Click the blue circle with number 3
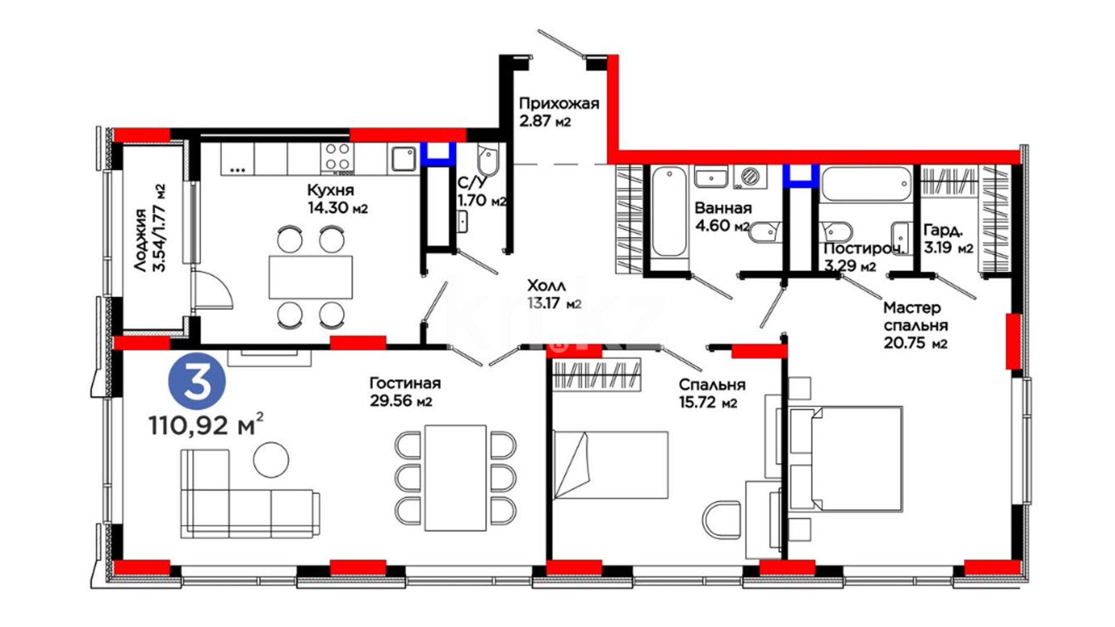197,381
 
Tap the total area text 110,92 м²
206,424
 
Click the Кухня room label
330,190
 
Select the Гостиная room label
405,383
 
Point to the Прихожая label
559,104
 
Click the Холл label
546,285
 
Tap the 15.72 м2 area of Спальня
708,402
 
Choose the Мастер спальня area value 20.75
904,343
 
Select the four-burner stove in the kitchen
337,157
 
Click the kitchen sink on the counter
402,158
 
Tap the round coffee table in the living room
271,459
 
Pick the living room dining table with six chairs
455,478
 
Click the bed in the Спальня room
610,464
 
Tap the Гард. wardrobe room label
943,230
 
